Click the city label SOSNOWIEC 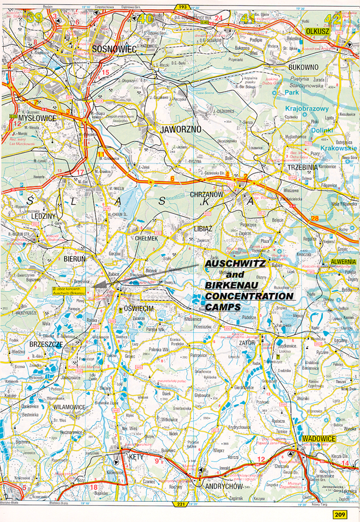click(x=114, y=49)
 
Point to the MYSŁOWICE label click(x=37, y=117)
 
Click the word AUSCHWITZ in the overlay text click(x=235, y=263)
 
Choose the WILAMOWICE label click(x=55, y=406)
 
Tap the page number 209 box click(x=340, y=514)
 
